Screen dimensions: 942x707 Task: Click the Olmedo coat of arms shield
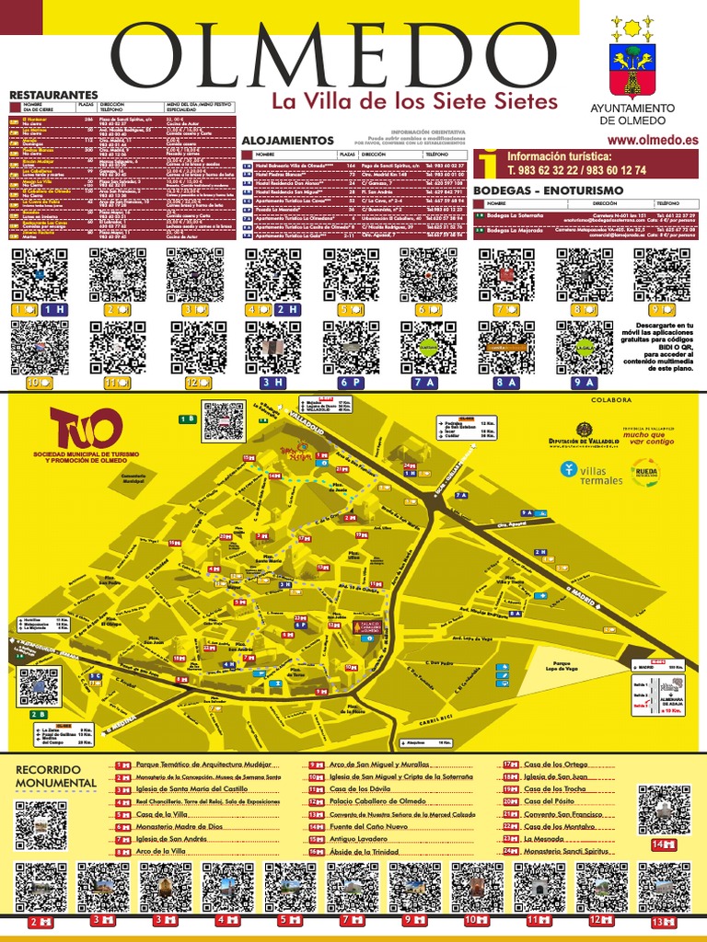pos(632,63)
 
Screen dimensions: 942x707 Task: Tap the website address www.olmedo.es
pos(653,140)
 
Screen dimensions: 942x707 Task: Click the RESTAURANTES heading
pos(53,95)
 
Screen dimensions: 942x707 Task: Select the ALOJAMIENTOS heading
pos(286,140)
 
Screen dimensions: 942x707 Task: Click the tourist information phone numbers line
pos(576,171)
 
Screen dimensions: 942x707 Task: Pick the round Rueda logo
pos(644,471)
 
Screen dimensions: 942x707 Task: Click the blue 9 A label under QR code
pos(584,382)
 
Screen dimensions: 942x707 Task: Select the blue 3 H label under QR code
pos(272,382)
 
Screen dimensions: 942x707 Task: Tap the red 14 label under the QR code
pos(663,844)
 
